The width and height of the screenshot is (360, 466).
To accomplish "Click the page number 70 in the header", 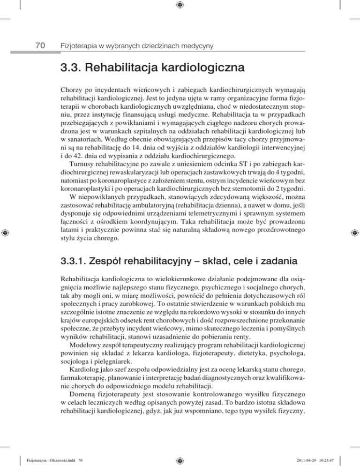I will [x=40, y=45].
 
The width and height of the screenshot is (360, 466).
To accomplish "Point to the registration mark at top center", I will [x=180, y=5].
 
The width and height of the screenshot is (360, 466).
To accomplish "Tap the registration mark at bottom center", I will [x=180, y=459].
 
